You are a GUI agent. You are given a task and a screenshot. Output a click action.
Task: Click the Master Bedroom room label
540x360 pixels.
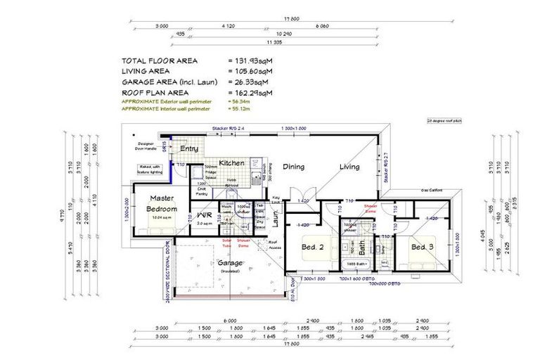[x=162, y=204]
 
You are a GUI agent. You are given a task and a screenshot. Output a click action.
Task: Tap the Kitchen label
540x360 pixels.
[x=231, y=163]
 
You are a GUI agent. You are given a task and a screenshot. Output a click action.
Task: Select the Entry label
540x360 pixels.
[x=188, y=149]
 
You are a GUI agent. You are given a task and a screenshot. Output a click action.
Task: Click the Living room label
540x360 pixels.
[x=349, y=167]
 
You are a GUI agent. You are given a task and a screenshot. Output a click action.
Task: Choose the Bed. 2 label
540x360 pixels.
[x=312, y=247]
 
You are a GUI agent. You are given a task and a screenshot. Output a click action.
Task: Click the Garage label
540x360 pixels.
[x=229, y=262]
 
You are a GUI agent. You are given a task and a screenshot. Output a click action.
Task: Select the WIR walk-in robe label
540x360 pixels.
[x=204, y=215]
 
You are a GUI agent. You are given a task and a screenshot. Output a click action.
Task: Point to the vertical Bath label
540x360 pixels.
[x=361, y=247]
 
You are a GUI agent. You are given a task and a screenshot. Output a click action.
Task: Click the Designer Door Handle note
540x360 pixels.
[x=148, y=147]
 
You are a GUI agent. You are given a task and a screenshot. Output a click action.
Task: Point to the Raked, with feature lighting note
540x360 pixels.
[x=151, y=169]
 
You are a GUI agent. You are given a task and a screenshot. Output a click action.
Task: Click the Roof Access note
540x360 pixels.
[x=275, y=245]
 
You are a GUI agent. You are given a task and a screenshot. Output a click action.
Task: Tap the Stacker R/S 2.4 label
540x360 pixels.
[x=227, y=129]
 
